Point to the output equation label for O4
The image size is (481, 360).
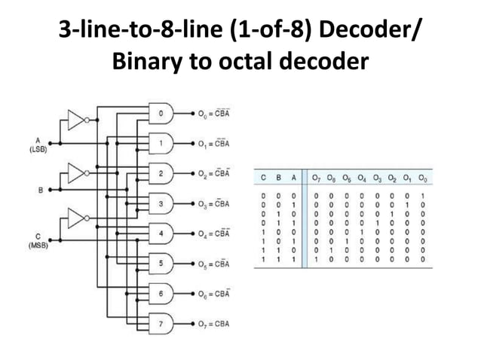click(215, 233)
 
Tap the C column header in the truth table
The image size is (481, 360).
click(263, 178)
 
